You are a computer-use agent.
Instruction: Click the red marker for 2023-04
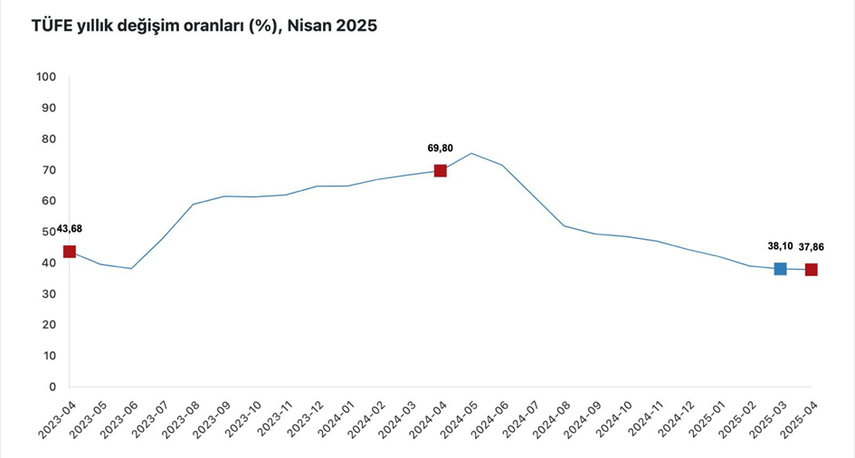69,252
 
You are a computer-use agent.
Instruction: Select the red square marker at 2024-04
440,170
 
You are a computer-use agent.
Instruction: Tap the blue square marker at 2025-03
780,269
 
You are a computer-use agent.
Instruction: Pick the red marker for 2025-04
811,270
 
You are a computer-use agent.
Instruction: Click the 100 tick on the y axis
46,77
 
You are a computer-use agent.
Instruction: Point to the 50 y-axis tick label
49,232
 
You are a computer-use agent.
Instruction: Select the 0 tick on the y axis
52,386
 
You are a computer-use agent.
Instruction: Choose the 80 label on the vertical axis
49,138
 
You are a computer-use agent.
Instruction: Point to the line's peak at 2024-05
471,153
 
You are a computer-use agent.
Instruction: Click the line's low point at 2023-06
131,268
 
